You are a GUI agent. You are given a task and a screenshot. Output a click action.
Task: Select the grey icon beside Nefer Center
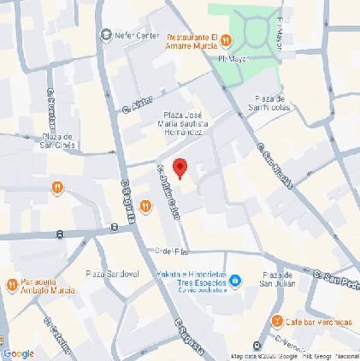pos(106,35)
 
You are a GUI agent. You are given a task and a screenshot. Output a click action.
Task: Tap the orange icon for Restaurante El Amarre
pos(227,39)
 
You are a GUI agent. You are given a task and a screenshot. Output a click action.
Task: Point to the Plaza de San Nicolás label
pos(270,103)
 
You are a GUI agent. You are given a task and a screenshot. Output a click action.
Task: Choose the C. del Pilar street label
pos(171,251)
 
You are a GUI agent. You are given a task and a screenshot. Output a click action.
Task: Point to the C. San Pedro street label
pos(336,279)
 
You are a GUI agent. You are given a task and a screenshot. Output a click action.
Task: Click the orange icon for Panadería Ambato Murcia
pos(12,285)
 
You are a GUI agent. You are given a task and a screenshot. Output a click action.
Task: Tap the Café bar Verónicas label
pos(318,322)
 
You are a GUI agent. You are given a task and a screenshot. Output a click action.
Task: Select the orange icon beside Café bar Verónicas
pos(277,321)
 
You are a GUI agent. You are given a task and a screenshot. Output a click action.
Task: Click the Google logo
pos(19,353)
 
